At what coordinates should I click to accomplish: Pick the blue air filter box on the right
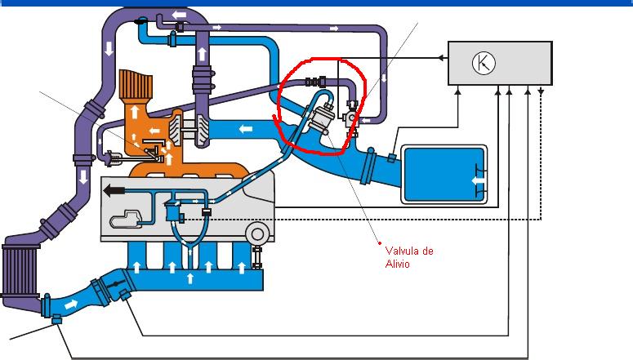[444, 173]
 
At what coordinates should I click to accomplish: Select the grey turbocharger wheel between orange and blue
[187, 128]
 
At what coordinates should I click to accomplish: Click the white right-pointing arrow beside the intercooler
[71, 304]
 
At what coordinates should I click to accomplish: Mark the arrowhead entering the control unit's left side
[441, 57]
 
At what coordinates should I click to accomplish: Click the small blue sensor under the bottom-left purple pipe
[56, 320]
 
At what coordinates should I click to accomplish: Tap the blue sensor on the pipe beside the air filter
[392, 156]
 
